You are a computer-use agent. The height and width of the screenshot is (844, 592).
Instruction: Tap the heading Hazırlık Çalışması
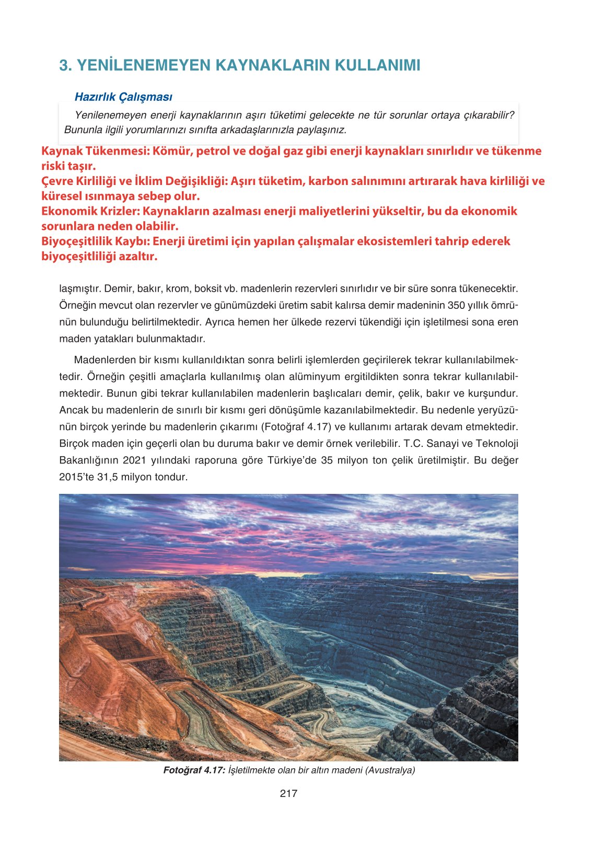pyautogui.click(x=123, y=97)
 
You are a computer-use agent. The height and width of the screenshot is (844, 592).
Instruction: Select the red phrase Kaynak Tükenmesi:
pyautogui.click(x=96, y=151)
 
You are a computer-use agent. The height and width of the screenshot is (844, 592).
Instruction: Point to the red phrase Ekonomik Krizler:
pyautogui.click(x=90, y=211)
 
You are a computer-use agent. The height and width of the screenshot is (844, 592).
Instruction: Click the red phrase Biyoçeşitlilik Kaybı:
pyautogui.click(x=96, y=241)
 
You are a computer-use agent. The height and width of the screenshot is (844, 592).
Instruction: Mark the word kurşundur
pyautogui.click(x=494, y=394)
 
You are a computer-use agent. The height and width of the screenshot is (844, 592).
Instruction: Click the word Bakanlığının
pyautogui.click(x=88, y=460)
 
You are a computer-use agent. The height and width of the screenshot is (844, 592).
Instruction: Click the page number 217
pyautogui.click(x=288, y=793)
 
